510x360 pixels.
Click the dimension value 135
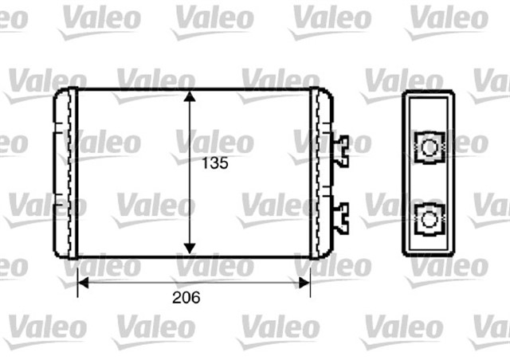(213, 163)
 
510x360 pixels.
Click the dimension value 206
(185, 298)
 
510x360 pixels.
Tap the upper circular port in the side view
(429, 147)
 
